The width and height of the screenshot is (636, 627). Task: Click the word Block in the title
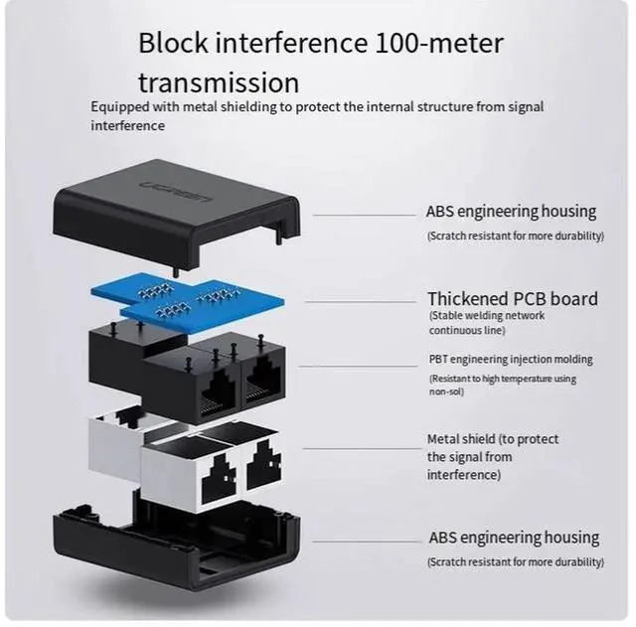pos(175,44)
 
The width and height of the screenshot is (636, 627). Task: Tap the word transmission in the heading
pos(219,81)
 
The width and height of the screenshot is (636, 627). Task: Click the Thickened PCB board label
pos(513,299)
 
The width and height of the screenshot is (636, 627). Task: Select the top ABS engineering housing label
pos(511,212)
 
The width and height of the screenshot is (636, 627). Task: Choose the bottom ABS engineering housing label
pos(514,538)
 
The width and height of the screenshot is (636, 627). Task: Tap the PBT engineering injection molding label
pos(511,360)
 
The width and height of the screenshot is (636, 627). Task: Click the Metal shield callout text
pos(493,457)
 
